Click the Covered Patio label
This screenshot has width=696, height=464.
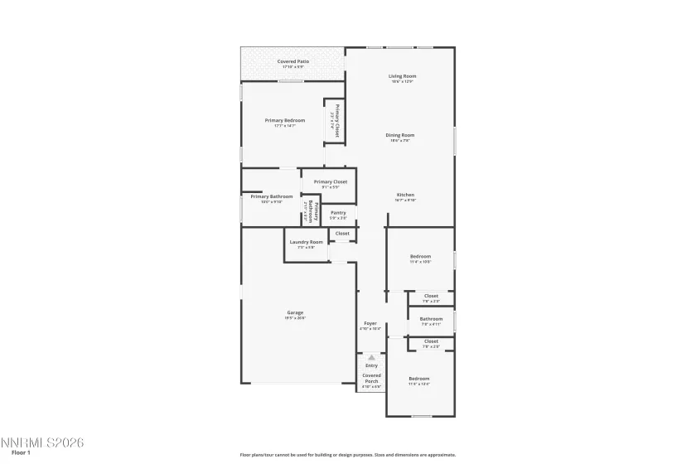293,61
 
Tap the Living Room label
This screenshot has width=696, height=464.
403,76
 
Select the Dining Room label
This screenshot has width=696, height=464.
402,135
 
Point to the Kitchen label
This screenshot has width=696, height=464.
405,195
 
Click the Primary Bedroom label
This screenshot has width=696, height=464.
284,120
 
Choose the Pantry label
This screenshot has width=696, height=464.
338,213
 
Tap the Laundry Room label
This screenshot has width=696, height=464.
306,242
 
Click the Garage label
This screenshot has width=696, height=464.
295,312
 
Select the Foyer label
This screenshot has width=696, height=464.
370,323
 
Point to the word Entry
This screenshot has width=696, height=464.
371,365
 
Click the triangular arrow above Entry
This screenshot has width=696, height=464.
371,357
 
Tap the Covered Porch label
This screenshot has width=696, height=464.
371,378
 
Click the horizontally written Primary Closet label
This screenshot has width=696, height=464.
330,181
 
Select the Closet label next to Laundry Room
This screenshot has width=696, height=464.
342,234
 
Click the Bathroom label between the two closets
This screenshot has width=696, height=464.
431,319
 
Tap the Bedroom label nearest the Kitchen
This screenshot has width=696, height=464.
420,257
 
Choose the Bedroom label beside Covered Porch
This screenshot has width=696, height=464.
418,379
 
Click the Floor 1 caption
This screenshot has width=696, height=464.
21,452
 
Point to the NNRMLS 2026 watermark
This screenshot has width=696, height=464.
43,442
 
